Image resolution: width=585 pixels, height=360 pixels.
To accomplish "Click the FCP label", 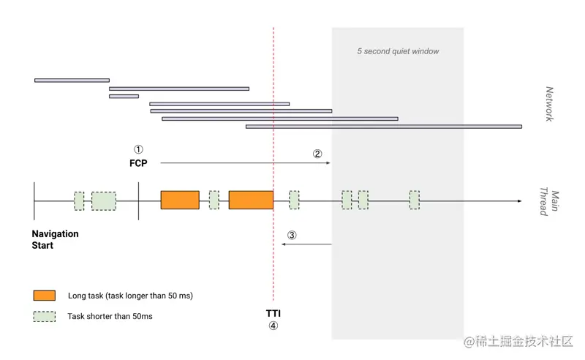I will tap(138, 163).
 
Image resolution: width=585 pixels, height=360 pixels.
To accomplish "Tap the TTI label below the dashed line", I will tap(273, 314).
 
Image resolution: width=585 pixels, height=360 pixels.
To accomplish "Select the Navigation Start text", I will tap(55, 239).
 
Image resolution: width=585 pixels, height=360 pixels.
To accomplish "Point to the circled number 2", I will tap(317, 154).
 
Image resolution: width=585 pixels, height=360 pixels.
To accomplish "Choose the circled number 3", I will tap(292, 235).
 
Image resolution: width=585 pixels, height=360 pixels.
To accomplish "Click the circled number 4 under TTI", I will tap(273, 326).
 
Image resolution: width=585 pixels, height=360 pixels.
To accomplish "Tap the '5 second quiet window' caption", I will tap(398, 52).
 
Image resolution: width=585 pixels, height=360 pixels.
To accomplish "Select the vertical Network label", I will tap(550, 104).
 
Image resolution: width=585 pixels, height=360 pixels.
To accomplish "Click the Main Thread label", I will tap(549, 203).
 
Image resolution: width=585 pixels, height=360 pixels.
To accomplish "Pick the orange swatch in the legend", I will tap(45, 296).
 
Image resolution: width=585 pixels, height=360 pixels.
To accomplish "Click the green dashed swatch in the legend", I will tap(45, 317).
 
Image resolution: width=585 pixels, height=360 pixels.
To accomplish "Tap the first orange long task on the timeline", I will tap(180, 200).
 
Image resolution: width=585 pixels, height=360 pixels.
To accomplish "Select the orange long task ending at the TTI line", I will tap(251, 200).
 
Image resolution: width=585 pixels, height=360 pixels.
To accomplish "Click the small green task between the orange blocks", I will tap(214, 200).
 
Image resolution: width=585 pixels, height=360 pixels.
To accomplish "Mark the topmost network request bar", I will tap(72, 80).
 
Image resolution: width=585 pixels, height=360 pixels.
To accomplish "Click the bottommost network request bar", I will tap(384, 127).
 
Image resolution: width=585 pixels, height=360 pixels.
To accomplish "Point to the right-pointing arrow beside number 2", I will tap(245, 163).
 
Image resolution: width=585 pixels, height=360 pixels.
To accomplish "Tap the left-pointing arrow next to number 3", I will tap(307, 244).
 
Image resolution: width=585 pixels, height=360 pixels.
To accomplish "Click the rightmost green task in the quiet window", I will tap(415, 200).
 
